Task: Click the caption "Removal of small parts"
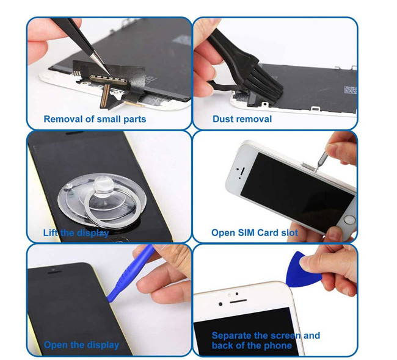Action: [x=95, y=119]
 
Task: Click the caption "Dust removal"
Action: [x=242, y=119]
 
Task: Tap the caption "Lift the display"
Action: [x=76, y=232]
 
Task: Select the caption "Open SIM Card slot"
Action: [x=255, y=232]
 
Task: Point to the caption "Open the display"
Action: [x=81, y=345]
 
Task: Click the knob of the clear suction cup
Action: [x=103, y=186]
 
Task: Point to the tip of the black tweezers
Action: [x=109, y=74]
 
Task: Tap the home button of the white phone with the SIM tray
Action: [x=349, y=219]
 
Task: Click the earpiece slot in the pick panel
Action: [x=238, y=301]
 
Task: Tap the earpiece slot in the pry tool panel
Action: [x=54, y=272]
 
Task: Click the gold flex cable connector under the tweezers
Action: [x=108, y=79]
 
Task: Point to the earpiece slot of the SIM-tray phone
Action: [x=242, y=171]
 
